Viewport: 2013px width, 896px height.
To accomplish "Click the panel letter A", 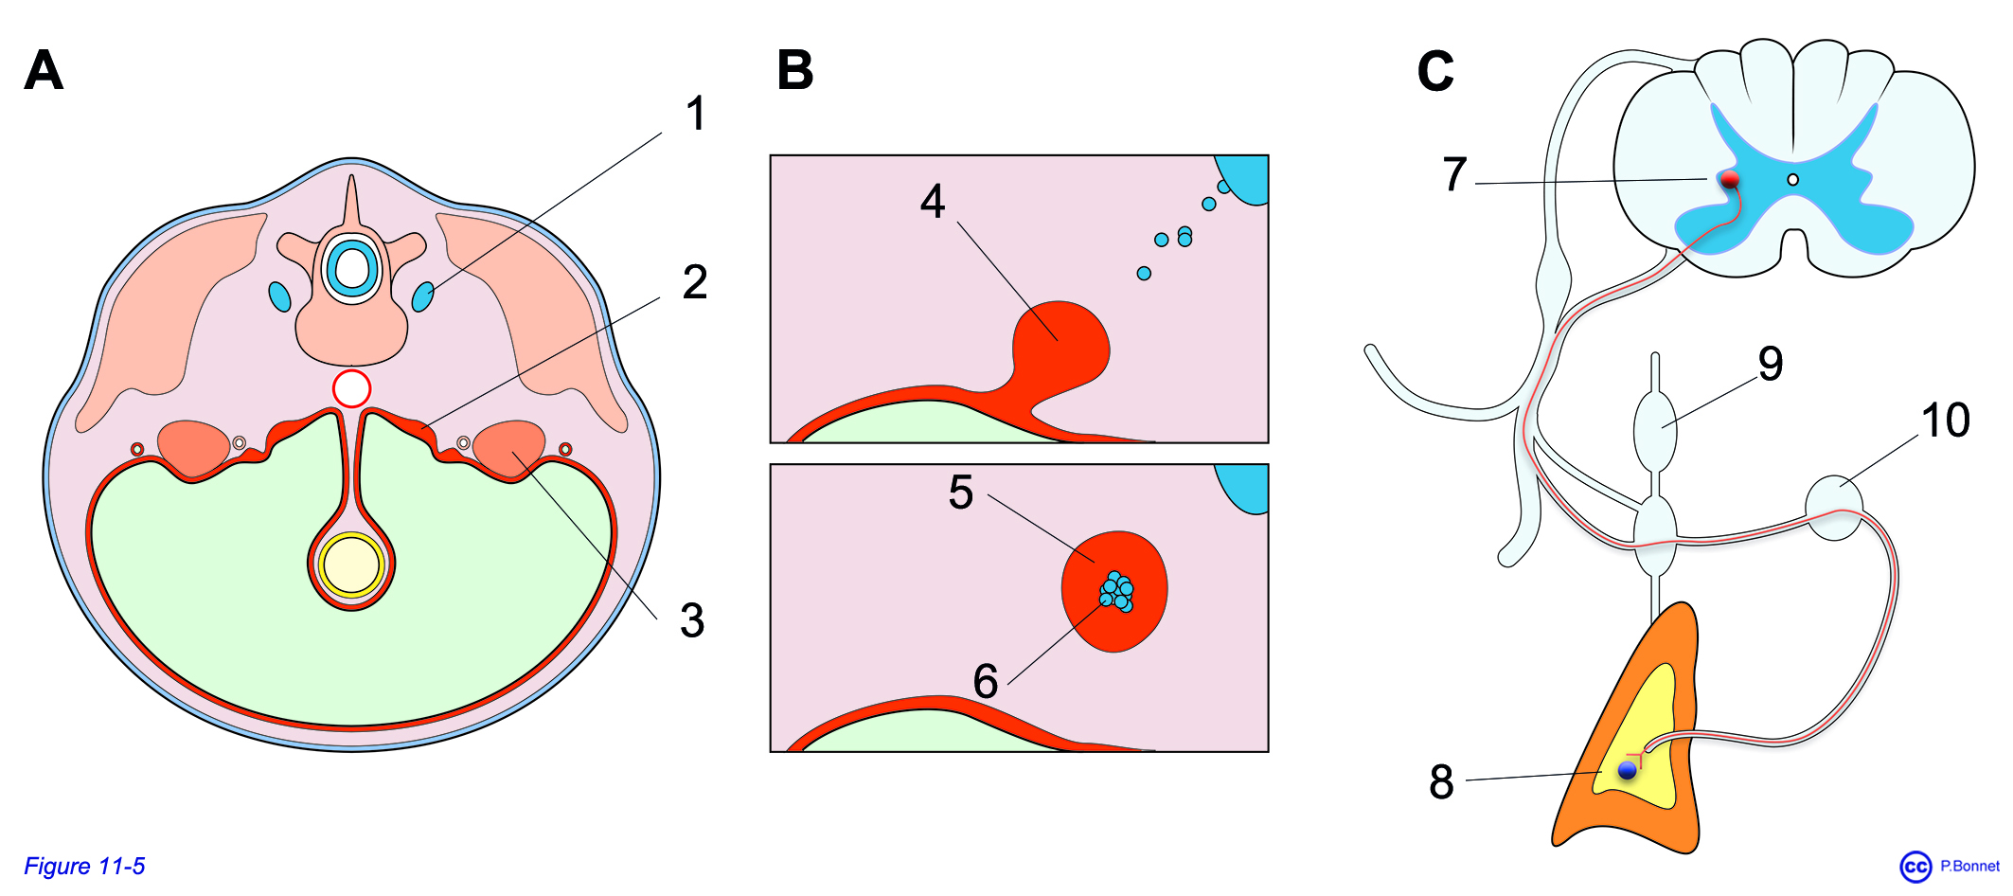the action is pos(44,70).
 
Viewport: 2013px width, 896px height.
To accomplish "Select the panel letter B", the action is pos(795,70).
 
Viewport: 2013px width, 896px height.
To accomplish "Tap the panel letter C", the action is pos(1435,71).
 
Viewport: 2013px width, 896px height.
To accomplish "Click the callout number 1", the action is pos(696,114).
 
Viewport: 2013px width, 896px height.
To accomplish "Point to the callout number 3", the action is pos(692,621).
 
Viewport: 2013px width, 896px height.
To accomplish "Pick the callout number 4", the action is pos(933,201).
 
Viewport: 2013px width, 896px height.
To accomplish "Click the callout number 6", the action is pos(986,681).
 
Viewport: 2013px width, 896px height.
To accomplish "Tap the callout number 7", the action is pos(1455,174).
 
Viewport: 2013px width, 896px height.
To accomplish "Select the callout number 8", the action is pos(1441,782).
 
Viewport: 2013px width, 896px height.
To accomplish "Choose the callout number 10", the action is pos(1946,420).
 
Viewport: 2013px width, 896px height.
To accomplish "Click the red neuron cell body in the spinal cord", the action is pos(1730,179).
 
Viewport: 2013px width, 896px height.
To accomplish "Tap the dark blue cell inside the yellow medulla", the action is pos(1628,770).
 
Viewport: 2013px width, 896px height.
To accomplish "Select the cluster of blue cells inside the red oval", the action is pos(1116,591).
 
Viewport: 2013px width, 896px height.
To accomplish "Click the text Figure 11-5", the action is pos(84,867).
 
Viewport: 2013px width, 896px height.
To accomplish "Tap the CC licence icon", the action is pos(1915,867).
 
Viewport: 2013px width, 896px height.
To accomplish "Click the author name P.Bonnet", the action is pos(1969,866).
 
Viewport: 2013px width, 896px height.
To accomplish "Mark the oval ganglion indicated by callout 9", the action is pos(1655,431).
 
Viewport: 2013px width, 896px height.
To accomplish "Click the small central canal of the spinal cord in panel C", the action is pos(1792,180).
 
